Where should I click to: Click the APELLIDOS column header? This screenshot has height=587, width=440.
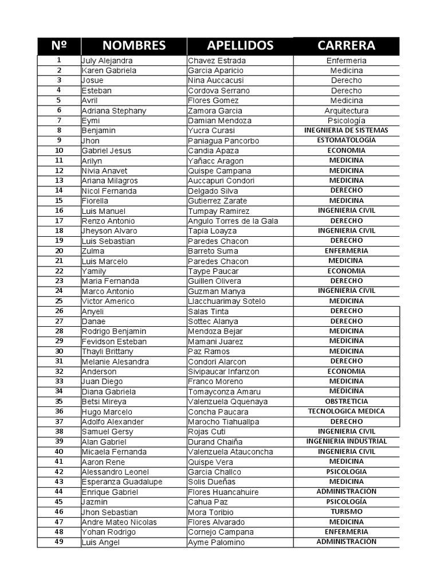[240, 46]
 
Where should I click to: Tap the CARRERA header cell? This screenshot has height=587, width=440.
[346, 46]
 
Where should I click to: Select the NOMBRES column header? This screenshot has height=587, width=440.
[134, 46]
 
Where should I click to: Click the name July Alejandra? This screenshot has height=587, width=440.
[107, 61]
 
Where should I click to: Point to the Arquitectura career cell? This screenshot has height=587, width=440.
[346, 111]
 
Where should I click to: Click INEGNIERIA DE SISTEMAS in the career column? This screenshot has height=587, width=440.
[346, 131]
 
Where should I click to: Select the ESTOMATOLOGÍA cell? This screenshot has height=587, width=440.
[346, 140]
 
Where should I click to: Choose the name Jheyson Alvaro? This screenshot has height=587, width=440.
[109, 231]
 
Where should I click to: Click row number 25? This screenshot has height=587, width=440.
[59, 301]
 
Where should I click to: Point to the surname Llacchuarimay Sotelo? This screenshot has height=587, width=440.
[227, 302]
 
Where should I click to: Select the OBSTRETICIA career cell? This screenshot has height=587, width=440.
[346, 402]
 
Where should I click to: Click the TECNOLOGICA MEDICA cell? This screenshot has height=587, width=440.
[346, 412]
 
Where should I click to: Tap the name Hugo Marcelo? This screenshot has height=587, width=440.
[107, 412]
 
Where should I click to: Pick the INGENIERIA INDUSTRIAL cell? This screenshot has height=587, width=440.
[346, 441]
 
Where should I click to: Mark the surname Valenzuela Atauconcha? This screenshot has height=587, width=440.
[230, 452]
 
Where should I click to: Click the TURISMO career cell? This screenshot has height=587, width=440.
[346, 512]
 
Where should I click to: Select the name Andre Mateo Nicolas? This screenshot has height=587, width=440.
[119, 522]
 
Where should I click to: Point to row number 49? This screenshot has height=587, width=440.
[59, 542]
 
